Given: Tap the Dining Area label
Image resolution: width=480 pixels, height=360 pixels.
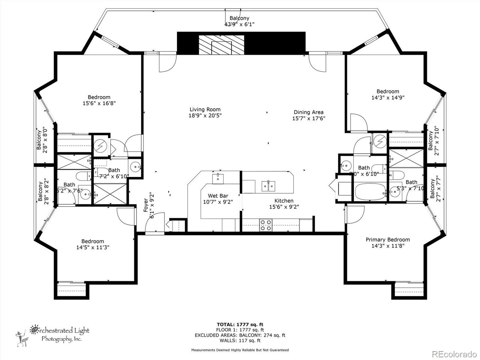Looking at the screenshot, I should click(x=308, y=112).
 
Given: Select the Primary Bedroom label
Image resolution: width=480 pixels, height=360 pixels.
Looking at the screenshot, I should click(x=387, y=240).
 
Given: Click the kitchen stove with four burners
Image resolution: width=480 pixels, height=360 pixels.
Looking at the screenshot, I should click(x=266, y=225).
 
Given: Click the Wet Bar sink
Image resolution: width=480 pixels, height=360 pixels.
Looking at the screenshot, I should click(x=218, y=178).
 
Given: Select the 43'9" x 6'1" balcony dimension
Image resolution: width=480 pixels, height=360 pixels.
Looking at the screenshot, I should click(x=239, y=24).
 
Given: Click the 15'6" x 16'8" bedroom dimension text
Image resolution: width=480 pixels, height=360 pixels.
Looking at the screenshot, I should click(x=99, y=103).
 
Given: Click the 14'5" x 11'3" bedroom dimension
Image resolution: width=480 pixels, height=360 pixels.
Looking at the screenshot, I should click(x=93, y=247).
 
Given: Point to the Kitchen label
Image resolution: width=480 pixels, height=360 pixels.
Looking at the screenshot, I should click(x=283, y=201).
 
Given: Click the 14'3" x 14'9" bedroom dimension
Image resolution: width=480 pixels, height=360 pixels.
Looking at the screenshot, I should click(x=388, y=97).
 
